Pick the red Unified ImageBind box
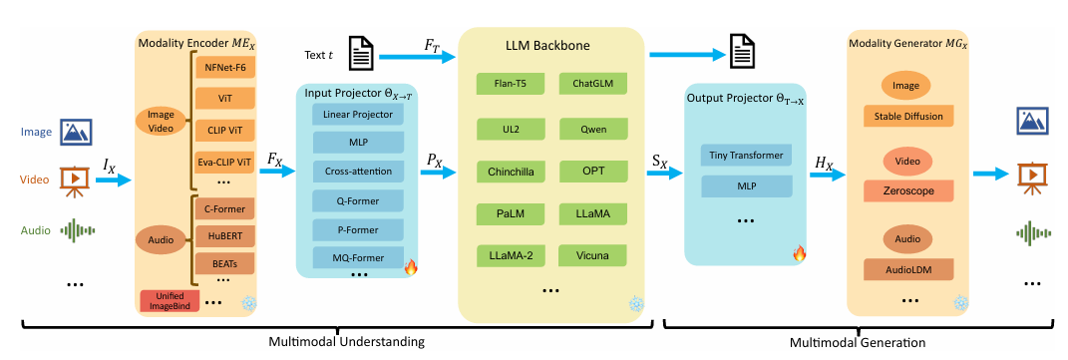click(x=170, y=300)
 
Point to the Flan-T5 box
click(x=511, y=85)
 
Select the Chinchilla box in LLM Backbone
click(x=511, y=172)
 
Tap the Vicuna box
click(x=592, y=256)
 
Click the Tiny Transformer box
click(x=747, y=156)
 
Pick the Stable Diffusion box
click(x=907, y=116)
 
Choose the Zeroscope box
click(x=907, y=192)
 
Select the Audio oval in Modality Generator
click(x=907, y=239)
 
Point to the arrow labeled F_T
click(x=417, y=59)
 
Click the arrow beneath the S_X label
click(x=664, y=174)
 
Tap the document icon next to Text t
click(x=360, y=54)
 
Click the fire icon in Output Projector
click(x=799, y=254)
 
